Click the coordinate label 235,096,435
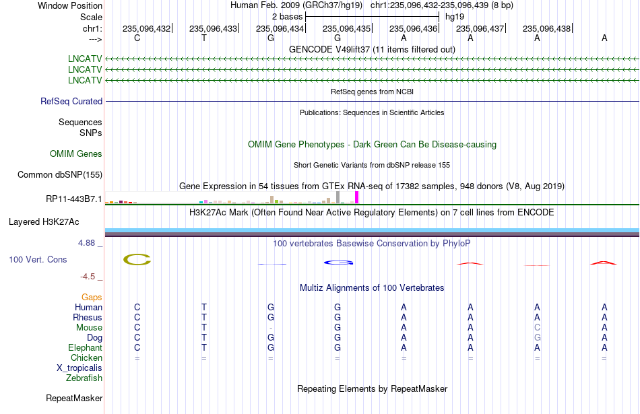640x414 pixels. click(346, 28)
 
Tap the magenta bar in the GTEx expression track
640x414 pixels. click(357, 197)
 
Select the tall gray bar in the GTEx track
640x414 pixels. click(338, 197)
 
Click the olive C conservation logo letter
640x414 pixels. click(137, 259)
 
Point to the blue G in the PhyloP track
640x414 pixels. click(338, 263)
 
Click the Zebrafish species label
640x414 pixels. click(84, 378)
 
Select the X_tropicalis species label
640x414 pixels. click(79, 368)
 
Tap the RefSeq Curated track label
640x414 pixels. click(71, 101)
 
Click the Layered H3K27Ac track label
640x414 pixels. click(44, 222)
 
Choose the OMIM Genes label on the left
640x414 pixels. click(76, 153)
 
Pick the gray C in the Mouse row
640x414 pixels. click(537, 328)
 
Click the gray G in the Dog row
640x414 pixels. click(537, 338)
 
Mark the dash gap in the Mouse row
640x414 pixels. click(271, 328)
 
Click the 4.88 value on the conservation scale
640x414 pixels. click(86, 243)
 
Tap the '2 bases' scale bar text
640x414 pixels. click(288, 17)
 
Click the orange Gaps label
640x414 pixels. click(92, 298)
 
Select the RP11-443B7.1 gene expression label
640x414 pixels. click(74, 199)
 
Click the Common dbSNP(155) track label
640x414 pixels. click(60, 174)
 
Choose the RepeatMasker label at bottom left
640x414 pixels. click(74, 398)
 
